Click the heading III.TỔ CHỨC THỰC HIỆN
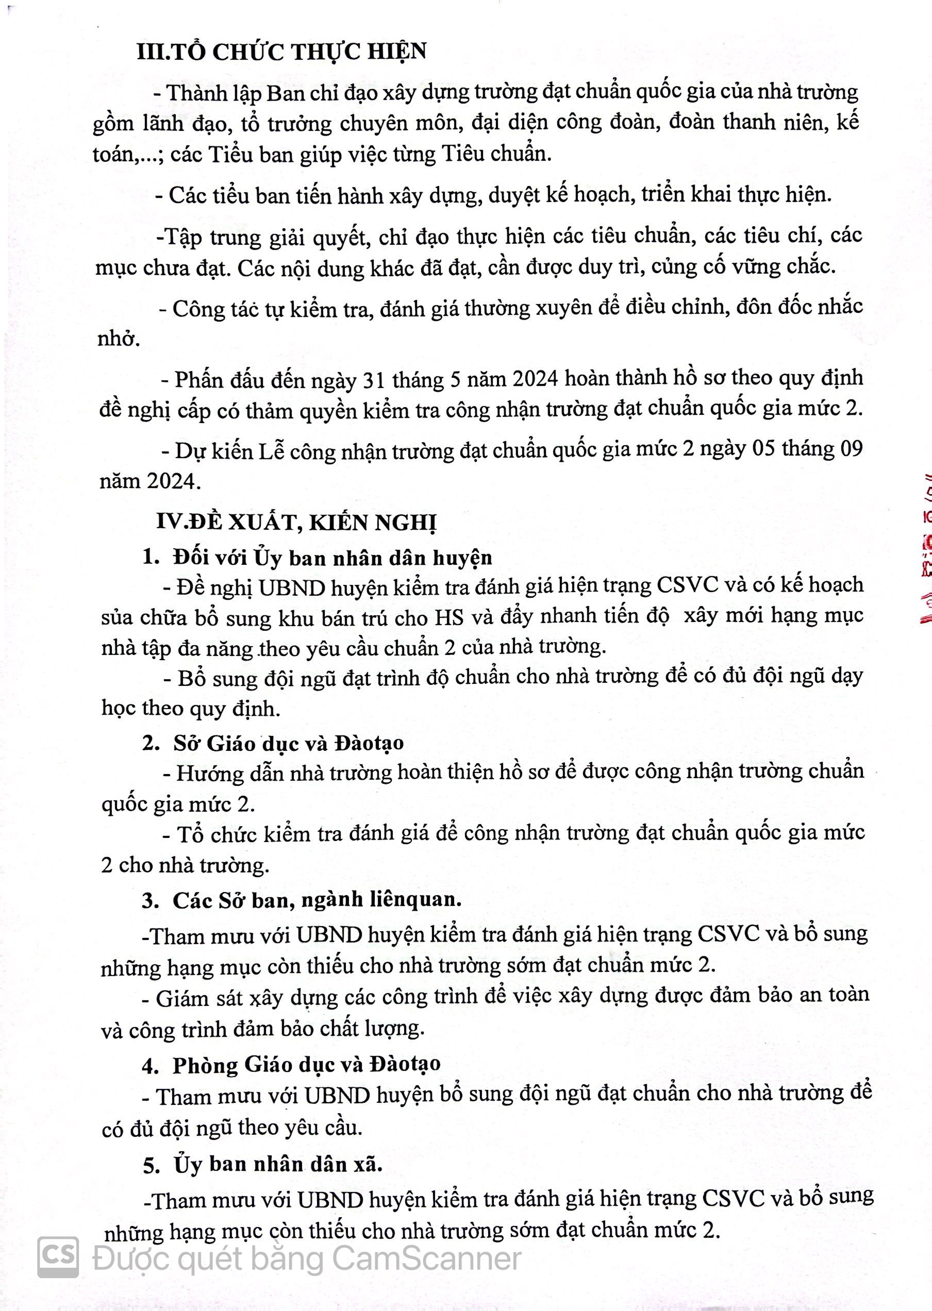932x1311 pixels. [x=282, y=52]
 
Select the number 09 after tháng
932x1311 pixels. [x=850, y=449]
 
